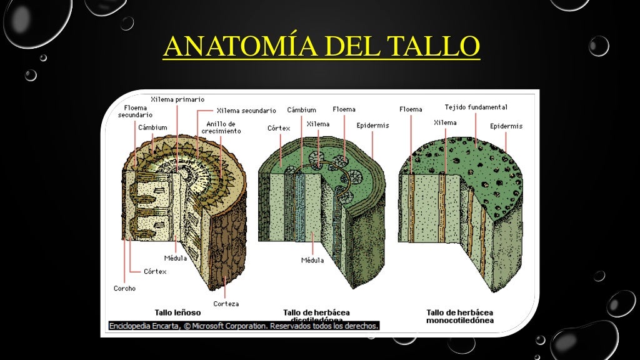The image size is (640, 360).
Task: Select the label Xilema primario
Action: pyautogui.click(x=177, y=99)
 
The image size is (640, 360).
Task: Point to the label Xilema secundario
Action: pyautogui.click(x=246, y=111)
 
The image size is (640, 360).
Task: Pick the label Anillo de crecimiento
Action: pyautogui.click(x=221, y=127)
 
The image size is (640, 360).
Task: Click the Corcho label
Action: pyautogui.click(x=124, y=288)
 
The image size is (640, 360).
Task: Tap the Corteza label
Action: pyautogui.click(x=226, y=304)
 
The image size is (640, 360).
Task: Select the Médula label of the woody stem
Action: pyautogui.click(x=175, y=258)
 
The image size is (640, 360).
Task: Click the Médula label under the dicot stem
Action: pyautogui.click(x=312, y=260)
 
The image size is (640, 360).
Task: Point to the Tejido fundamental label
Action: pyautogui.click(x=476, y=107)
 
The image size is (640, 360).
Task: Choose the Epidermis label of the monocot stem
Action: pyautogui.click(x=506, y=126)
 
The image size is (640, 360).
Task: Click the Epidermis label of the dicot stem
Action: pyautogui.click(x=372, y=126)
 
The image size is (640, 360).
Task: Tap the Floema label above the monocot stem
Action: pyautogui.click(x=411, y=109)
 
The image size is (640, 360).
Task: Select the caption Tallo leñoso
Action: pyautogui.click(x=177, y=311)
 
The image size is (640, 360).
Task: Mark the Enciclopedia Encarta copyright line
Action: pyautogui.click(x=244, y=326)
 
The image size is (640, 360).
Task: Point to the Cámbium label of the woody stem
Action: pyautogui.click(x=152, y=127)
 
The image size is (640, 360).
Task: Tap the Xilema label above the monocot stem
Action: pyautogui.click(x=445, y=123)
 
